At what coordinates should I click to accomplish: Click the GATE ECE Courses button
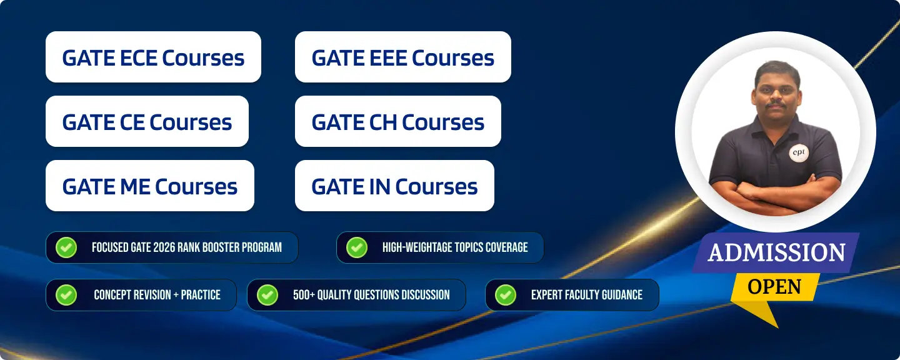(154, 57)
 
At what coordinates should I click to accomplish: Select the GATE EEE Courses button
(403, 57)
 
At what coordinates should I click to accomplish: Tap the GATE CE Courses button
(147, 121)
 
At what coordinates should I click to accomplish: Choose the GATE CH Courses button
(397, 121)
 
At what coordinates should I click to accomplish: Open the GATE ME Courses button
(150, 186)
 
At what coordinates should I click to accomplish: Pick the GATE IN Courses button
(394, 186)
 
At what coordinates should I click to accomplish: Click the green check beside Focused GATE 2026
(66, 247)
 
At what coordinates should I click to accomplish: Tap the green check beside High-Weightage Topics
(357, 247)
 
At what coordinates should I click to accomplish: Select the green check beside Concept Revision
(66, 295)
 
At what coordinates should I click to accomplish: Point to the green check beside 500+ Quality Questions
(267, 295)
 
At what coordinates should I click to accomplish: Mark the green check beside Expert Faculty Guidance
(506, 295)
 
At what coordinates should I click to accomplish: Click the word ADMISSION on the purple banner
(776, 252)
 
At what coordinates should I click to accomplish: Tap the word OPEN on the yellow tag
(774, 287)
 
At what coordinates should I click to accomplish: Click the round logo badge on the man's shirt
(798, 152)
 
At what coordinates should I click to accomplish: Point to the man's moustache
(776, 105)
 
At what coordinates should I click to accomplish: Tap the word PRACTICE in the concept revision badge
(201, 295)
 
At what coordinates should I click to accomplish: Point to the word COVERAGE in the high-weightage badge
(506, 247)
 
